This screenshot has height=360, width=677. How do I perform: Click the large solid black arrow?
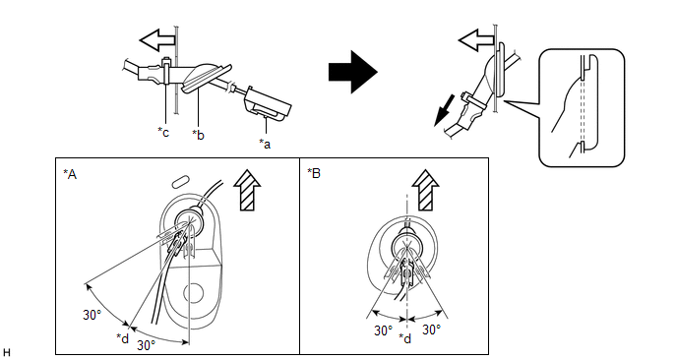pos(352,72)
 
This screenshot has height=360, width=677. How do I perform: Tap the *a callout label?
pos(265,144)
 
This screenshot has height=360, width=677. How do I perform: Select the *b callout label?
pos(198,135)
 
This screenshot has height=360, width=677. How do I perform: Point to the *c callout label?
pos(163,132)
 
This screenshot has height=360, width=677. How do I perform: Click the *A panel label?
pos(70,174)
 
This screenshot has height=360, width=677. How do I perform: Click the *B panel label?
pos(314,173)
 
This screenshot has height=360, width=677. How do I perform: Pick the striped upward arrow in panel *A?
pos(247,190)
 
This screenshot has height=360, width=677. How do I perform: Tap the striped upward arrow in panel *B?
pos(425,190)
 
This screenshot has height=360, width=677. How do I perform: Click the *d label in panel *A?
pos(123,338)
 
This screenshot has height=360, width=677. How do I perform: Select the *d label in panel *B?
pos(405,338)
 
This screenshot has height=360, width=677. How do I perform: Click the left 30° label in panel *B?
pos(384,330)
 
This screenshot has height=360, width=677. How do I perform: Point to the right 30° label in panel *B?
pos(431,330)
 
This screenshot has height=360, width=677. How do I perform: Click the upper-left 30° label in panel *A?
pos(92,315)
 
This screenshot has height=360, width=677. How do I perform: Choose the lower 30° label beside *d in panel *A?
pos(147,345)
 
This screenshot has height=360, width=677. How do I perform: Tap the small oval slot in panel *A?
pos(180,181)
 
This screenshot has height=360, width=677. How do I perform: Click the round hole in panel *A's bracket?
pos(194,293)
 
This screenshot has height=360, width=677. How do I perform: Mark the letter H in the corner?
pos(7,353)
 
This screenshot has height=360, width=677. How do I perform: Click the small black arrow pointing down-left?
pos(445,111)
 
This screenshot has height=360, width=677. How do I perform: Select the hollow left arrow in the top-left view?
pos(157,40)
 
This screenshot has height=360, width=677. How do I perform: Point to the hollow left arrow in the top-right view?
pos(476,40)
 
